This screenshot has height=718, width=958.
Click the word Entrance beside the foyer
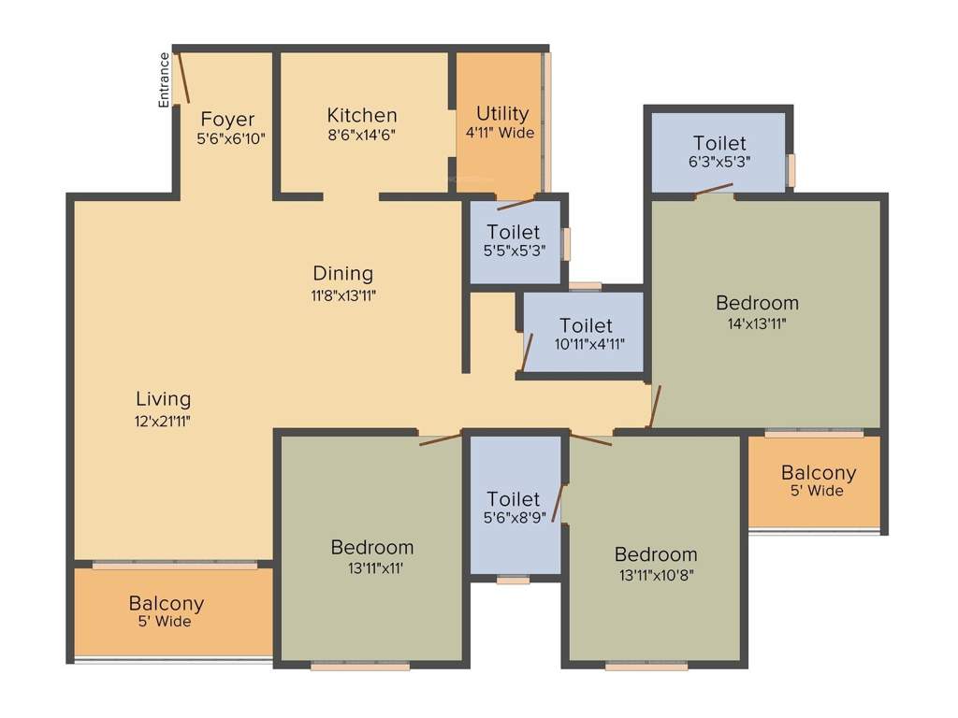165,79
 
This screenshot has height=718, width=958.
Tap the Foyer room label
227,120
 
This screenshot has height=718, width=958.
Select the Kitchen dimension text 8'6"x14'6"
361,135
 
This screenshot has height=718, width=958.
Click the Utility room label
502,113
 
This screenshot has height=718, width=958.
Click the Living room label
163,400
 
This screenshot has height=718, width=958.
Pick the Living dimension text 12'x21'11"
163,420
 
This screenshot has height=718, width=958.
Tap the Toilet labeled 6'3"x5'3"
719,143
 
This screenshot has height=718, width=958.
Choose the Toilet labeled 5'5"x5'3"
513,232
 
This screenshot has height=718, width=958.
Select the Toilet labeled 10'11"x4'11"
586,325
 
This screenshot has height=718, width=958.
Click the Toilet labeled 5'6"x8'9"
513,500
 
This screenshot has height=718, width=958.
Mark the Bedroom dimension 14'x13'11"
757,323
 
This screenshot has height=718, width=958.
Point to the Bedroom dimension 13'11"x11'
371,567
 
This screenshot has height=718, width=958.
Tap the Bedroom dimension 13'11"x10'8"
655,574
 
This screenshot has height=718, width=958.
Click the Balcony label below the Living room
167,604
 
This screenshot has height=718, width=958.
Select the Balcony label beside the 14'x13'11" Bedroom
819,473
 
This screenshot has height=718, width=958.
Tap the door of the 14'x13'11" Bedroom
656,407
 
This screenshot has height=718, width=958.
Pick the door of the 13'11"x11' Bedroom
441,438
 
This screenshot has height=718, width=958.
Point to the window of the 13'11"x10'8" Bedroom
646,667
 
